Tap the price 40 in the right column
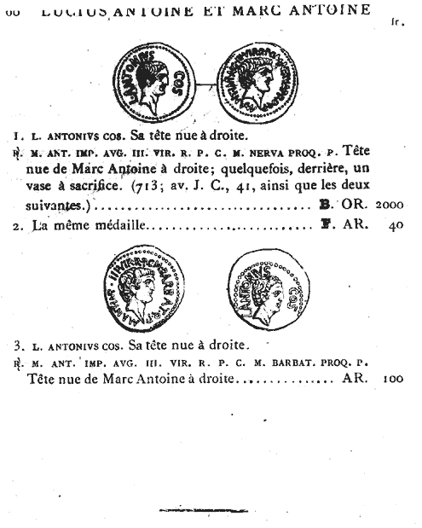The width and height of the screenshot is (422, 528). click(x=394, y=226)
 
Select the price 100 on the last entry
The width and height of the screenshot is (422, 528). click(x=393, y=377)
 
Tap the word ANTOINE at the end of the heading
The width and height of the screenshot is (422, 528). click(x=332, y=10)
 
